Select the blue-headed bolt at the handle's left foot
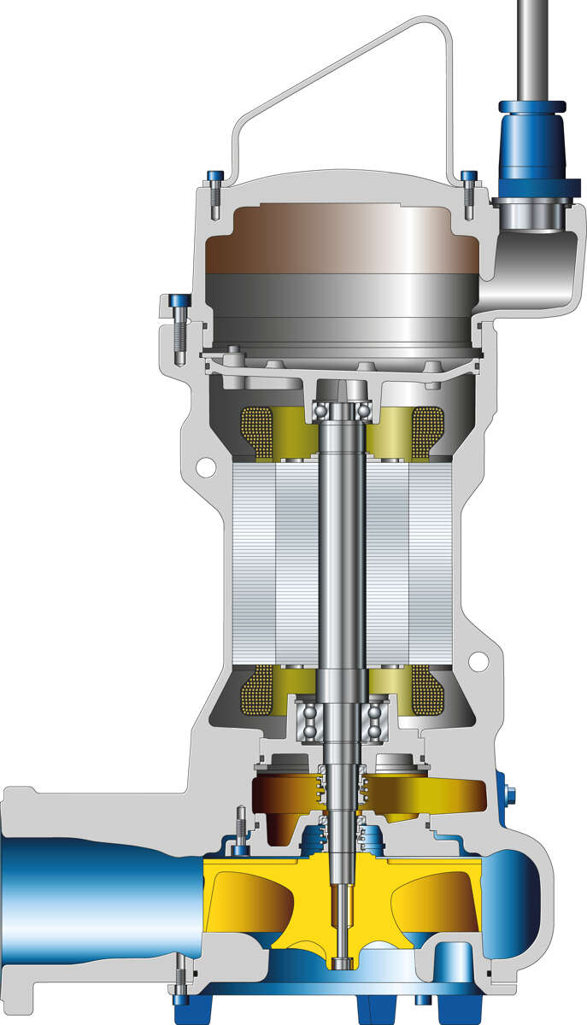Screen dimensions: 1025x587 click(x=214, y=178)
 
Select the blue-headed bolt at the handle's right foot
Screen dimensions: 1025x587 click(x=468, y=178)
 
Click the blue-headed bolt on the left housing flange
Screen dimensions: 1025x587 click(x=179, y=302)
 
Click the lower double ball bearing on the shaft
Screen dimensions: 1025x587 click(x=342, y=722)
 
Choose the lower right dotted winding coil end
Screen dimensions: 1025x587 click(x=428, y=690)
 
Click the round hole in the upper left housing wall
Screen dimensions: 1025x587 click(x=205, y=468)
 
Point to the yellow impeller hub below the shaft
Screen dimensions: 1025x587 click(x=342, y=888)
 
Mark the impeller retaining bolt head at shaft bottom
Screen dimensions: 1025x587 click(x=343, y=964)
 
